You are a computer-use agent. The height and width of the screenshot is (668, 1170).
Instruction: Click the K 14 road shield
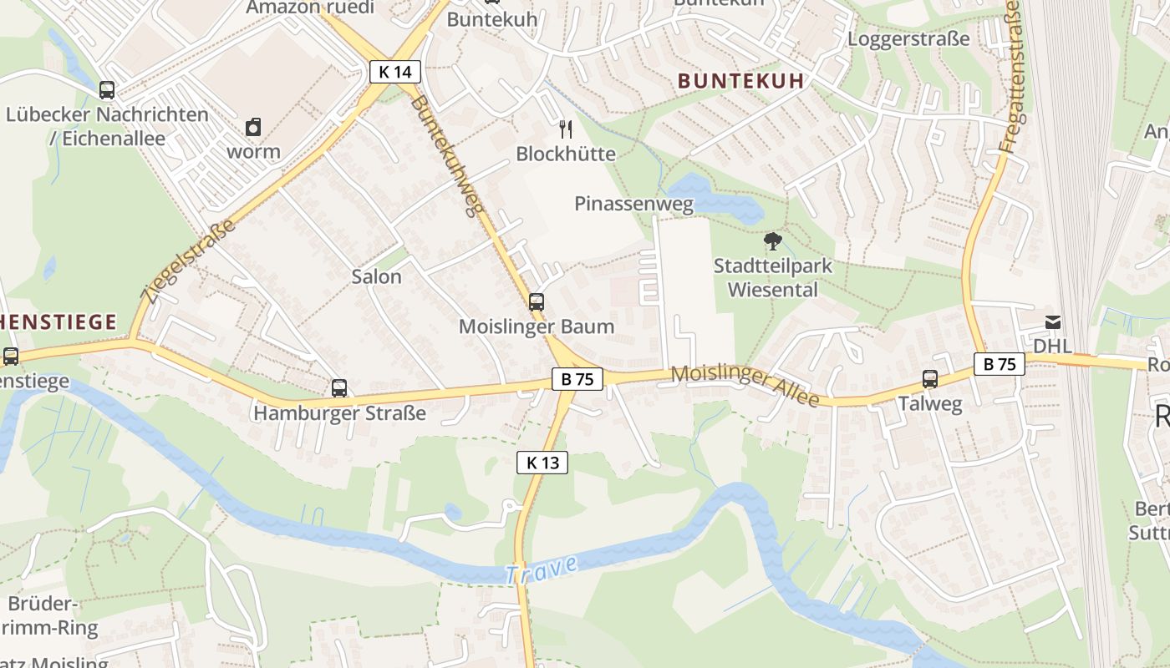(394, 72)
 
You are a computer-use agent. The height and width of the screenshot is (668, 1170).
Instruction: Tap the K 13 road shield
(542, 463)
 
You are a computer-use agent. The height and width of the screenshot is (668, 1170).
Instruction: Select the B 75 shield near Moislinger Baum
(577, 379)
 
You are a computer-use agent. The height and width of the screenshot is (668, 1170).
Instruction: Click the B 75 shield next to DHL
(999, 364)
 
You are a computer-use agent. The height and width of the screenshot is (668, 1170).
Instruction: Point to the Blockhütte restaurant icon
(566, 129)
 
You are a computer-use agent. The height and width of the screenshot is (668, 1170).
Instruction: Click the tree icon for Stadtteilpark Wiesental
(773, 241)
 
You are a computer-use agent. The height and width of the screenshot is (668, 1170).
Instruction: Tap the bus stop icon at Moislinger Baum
(536, 302)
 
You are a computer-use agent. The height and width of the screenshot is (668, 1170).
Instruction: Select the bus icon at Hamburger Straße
(338, 388)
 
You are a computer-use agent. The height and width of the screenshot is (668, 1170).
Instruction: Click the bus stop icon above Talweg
(930, 379)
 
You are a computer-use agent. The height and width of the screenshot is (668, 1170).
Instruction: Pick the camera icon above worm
(253, 127)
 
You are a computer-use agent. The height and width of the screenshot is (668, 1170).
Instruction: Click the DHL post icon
(1052, 321)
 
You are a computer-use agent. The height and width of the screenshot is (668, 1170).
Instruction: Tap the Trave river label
(541, 570)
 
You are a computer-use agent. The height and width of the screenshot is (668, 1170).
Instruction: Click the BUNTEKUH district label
(740, 81)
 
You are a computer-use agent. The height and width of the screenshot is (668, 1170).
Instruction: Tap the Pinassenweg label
(633, 204)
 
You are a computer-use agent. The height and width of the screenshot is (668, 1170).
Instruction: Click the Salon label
(376, 276)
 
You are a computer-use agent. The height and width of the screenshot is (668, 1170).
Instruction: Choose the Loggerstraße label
(908, 39)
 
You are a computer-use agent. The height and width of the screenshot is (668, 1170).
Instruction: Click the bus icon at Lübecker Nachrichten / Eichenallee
(106, 89)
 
